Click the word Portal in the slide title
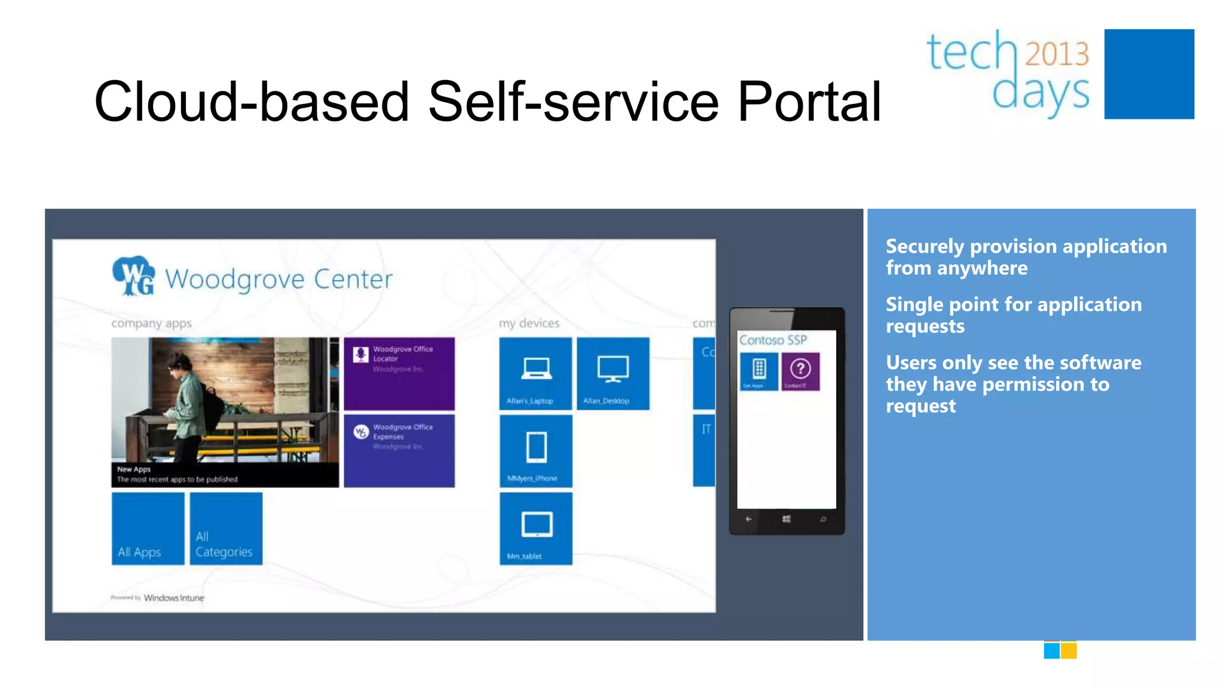pyautogui.click(x=809, y=102)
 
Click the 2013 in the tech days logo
pyautogui.click(x=1057, y=54)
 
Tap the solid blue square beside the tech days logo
pyautogui.click(x=1149, y=74)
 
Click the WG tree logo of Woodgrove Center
pyautogui.click(x=133, y=276)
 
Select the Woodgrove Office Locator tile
pyautogui.click(x=399, y=374)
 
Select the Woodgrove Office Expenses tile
pyautogui.click(x=399, y=451)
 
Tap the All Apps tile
pyautogui.click(x=148, y=529)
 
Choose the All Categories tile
pyautogui.click(x=226, y=529)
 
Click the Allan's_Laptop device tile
pyautogui.click(x=535, y=374)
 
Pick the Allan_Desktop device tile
pyautogui.click(x=613, y=374)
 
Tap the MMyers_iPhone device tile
pyautogui.click(x=535, y=451)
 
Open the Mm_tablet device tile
pyautogui.click(x=535, y=529)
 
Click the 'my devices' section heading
pyautogui.click(x=529, y=323)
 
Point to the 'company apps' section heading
pyautogui.click(x=151, y=323)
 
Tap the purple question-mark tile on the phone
pyautogui.click(x=800, y=371)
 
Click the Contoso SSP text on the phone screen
pyautogui.click(x=773, y=340)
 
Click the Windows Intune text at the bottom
pyautogui.click(x=173, y=598)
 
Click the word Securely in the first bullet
pyautogui.click(x=925, y=246)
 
